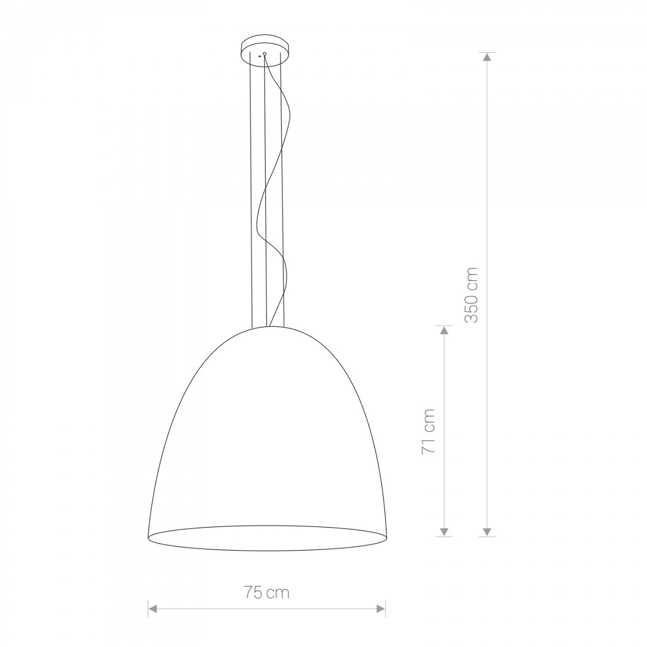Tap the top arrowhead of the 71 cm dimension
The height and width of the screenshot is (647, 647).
(444, 330)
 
